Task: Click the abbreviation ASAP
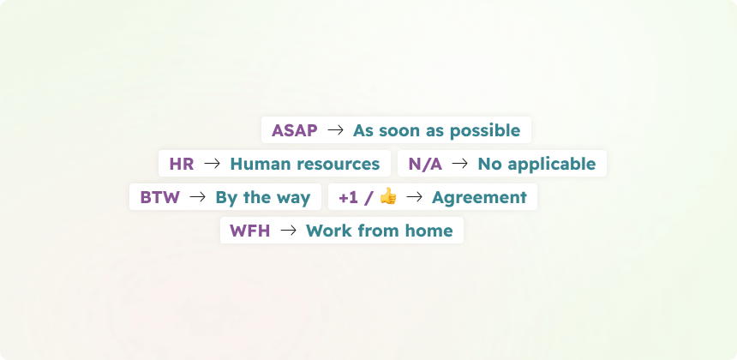(x=294, y=131)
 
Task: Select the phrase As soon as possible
(x=436, y=131)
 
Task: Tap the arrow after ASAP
(x=336, y=130)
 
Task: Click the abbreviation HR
(x=181, y=164)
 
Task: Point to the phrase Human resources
(x=304, y=164)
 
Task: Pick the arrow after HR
(x=213, y=164)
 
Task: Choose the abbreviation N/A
(x=425, y=164)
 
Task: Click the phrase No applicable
(x=536, y=164)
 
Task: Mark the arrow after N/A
(x=460, y=164)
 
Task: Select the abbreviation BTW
(x=159, y=197)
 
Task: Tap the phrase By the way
(x=262, y=197)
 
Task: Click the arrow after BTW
(x=198, y=197)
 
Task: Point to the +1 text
(x=348, y=197)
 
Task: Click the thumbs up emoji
(x=388, y=196)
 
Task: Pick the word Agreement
(x=479, y=197)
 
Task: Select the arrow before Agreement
(x=415, y=197)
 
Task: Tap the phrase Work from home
(x=379, y=231)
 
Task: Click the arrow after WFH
(x=289, y=231)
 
